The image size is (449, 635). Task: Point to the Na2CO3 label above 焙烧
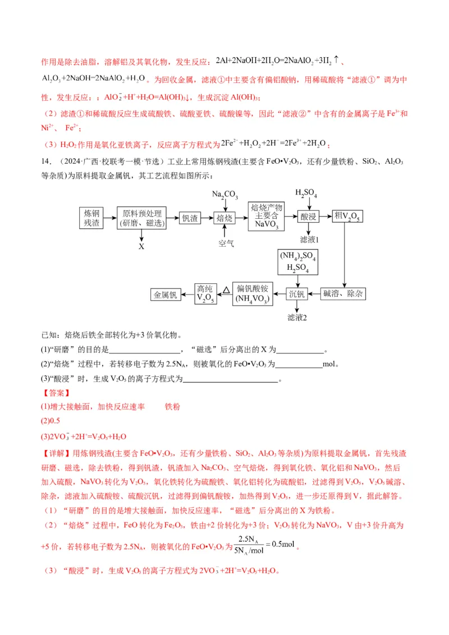pos(224,195)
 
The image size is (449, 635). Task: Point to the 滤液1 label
pos(309,240)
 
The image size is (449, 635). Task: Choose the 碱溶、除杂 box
pos(343,293)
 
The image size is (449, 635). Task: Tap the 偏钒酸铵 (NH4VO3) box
pos(251,293)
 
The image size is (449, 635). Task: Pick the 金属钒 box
pos(166,293)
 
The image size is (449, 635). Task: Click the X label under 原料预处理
pos(141,246)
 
